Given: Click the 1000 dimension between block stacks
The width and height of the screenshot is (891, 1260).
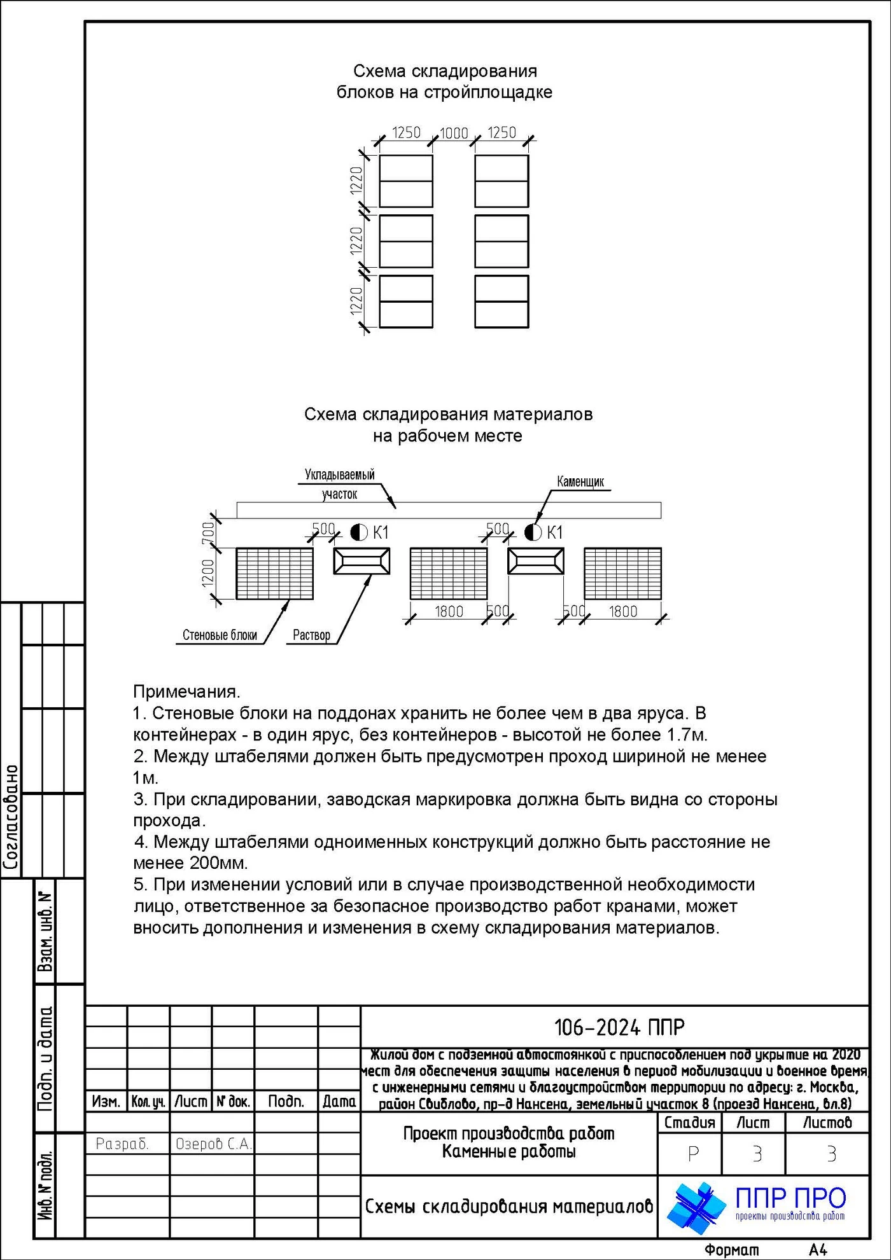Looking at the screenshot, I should (454, 133).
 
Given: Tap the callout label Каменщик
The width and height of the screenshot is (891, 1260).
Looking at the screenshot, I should (580, 481).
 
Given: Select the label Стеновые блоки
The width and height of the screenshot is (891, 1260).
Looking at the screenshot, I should (220, 635).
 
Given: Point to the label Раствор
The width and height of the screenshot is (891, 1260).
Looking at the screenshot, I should (311, 635).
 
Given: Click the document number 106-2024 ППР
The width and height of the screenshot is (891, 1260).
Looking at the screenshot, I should (619, 1027).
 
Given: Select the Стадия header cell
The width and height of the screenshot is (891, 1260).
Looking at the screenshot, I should (689, 1123).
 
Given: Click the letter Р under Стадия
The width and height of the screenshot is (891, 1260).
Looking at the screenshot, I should (693, 1154).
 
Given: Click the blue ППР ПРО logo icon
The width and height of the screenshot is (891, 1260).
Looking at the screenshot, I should (696, 1207).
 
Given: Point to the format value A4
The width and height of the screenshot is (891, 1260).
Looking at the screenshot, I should (818, 1249).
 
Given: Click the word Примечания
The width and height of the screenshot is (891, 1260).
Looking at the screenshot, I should (186, 691).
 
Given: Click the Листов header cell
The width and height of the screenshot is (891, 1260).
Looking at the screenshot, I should (827, 1123).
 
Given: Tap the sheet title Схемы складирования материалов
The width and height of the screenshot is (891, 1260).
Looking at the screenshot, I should (509, 1207).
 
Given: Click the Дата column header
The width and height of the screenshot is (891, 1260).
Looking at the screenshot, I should (339, 1102).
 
